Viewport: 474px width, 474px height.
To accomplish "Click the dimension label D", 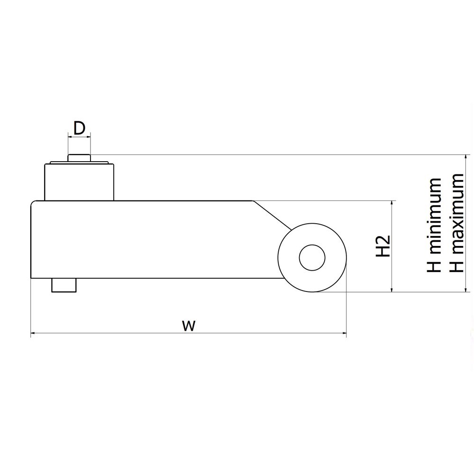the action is click(79, 128).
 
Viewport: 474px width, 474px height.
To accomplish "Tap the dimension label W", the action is click(189, 326).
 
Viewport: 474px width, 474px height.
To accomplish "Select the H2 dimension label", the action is click(383, 246).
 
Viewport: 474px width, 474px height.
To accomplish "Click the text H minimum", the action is click(434, 224).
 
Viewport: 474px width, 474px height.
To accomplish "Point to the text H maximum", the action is click(456, 223).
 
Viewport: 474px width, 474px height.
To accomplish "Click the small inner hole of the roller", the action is click(312, 257).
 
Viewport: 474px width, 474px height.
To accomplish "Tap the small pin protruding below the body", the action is click(64, 285).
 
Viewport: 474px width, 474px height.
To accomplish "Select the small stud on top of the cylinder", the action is click(79, 157).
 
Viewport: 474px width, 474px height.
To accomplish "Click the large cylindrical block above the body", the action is click(79, 182).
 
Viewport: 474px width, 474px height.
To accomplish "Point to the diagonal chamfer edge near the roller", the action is click(272, 215).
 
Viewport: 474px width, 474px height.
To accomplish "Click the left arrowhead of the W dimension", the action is click(33, 333).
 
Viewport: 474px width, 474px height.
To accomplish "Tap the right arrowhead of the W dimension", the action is click(344, 333).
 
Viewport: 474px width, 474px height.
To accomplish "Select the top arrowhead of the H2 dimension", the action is click(392, 203).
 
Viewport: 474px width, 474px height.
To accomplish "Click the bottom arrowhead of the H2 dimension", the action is click(392, 290).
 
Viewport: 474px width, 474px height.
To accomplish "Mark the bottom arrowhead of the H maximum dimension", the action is click(465, 290).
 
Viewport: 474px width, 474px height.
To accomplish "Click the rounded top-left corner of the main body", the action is click(33, 202).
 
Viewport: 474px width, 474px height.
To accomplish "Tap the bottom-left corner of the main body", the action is click(31, 278).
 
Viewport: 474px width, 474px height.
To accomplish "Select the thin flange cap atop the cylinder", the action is click(79, 163).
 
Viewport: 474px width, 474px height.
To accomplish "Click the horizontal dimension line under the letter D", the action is click(79, 137).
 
